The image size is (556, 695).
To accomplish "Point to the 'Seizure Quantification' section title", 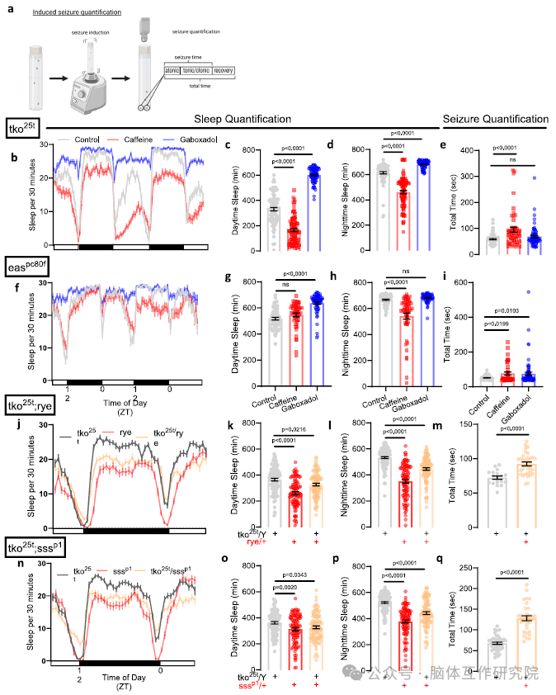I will (495, 119).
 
